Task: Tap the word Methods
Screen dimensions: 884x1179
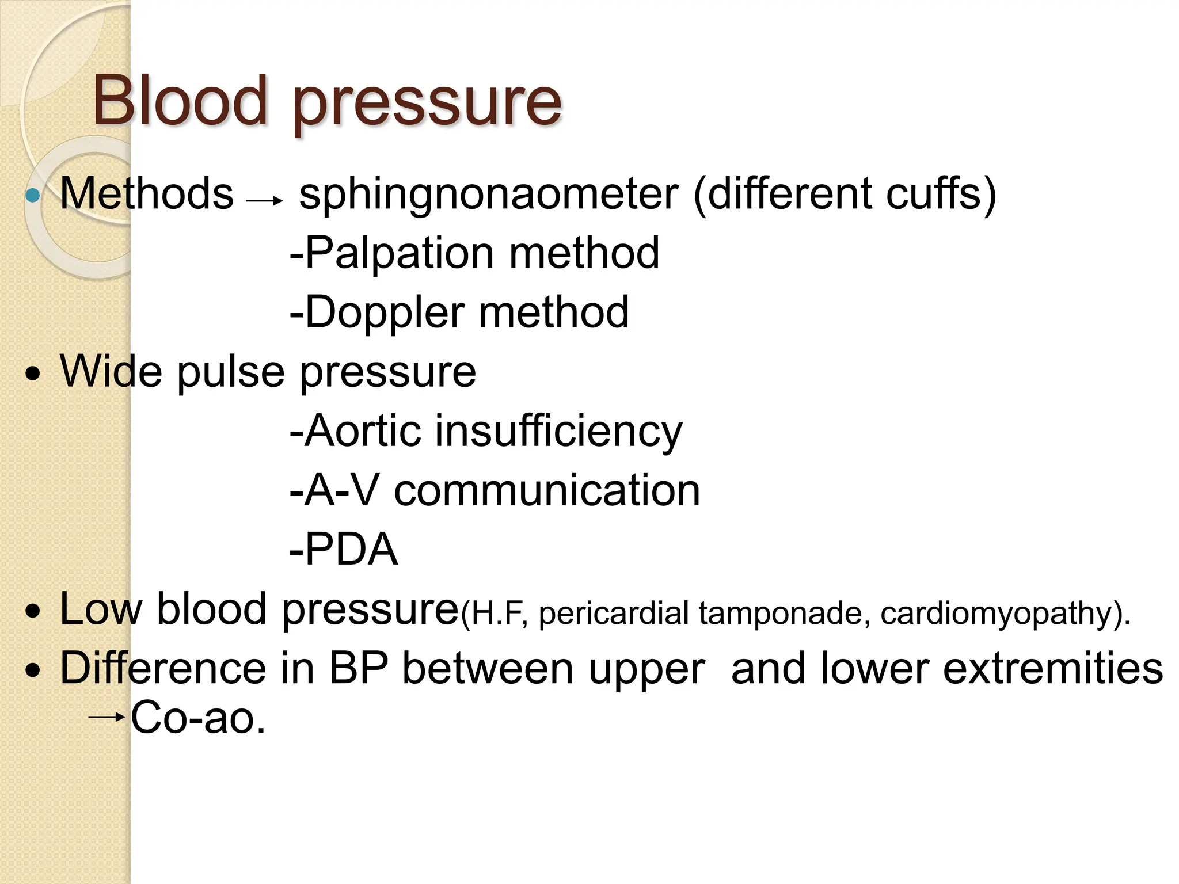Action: (147, 193)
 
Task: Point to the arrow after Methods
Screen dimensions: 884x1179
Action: (265, 201)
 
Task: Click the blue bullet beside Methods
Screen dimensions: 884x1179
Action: (33, 196)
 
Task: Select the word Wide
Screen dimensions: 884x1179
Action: (111, 371)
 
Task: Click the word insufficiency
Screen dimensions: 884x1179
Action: (558, 432)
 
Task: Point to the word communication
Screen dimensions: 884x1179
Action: (547, 490)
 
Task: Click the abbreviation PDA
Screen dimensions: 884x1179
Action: (351, 549)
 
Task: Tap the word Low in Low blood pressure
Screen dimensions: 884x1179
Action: (100, 609)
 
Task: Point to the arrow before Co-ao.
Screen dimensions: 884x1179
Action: (107, 717)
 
